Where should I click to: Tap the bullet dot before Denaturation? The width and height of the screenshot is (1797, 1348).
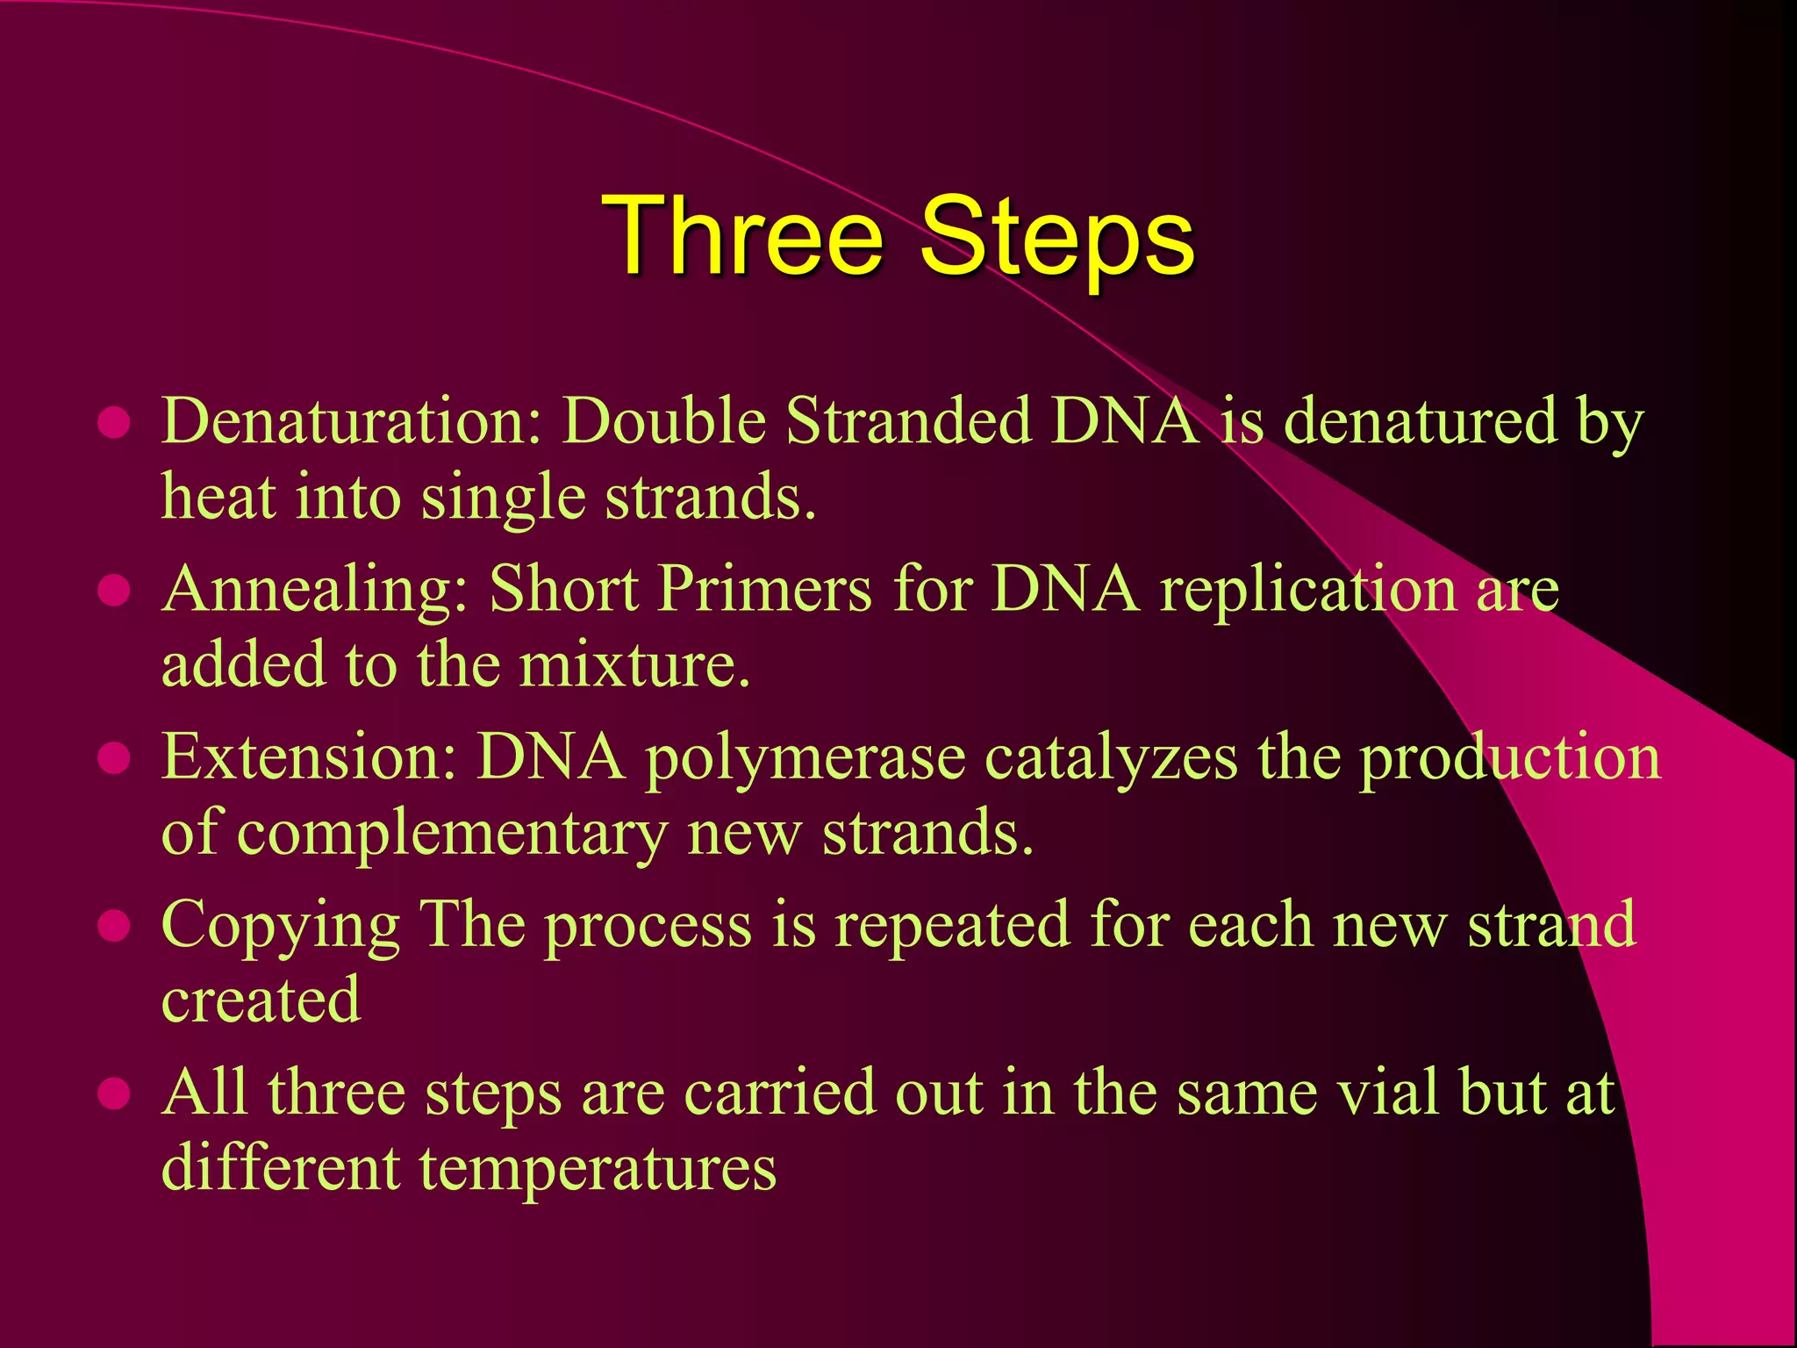[115, 422]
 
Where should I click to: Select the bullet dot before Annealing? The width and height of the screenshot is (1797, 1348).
[115, 590]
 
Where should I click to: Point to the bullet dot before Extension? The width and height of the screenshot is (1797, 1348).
[115, 758]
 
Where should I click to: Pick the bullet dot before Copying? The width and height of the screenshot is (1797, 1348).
[115, 926]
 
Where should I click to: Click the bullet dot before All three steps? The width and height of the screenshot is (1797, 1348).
[115, 1093]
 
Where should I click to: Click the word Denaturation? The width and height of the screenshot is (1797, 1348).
[352, 421]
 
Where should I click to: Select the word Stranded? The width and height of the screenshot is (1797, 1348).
[907, 421]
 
